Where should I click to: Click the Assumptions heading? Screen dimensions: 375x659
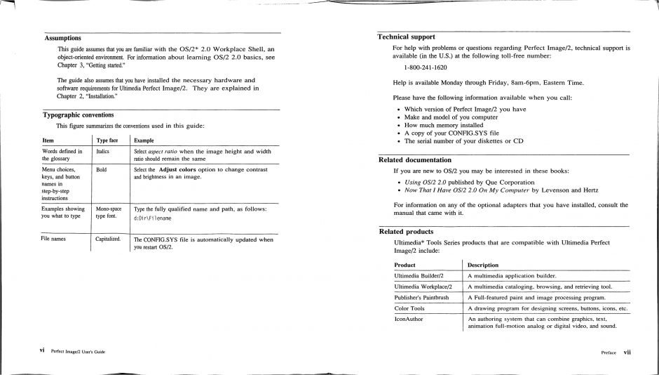62,38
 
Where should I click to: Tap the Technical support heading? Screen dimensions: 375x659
406,37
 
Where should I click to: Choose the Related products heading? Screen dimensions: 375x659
406,231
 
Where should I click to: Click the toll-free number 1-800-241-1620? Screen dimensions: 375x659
425,67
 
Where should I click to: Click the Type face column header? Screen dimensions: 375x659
107,140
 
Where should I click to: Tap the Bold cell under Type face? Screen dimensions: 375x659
102,170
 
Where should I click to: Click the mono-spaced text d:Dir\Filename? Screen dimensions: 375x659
152,218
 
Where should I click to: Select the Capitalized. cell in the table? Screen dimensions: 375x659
108,239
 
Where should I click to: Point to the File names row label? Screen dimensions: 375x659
55,239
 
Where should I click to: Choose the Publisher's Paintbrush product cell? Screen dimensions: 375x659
421,297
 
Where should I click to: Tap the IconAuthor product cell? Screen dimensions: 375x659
409,319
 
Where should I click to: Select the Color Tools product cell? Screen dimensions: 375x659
409,308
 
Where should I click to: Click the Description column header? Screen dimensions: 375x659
483,265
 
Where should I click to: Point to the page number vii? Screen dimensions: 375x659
627,353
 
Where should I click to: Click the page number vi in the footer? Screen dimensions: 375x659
43,350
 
